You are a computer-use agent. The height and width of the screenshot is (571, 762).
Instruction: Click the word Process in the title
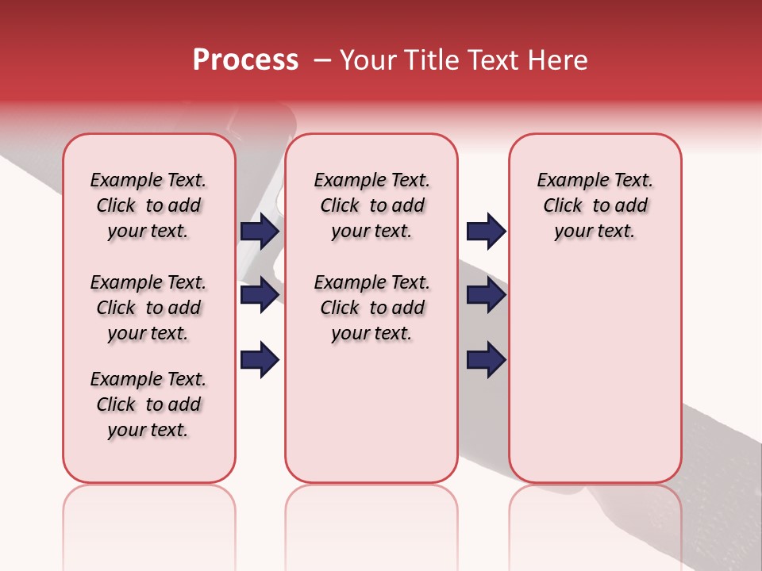coord(245,60)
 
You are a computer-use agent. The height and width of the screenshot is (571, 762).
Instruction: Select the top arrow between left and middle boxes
coord(260,231)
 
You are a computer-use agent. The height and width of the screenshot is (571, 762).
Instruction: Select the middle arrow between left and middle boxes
coord(260,296)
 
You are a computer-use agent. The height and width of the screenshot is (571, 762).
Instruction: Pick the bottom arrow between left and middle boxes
coord(260,360)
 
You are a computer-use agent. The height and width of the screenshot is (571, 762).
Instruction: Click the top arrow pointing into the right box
coord(486,231)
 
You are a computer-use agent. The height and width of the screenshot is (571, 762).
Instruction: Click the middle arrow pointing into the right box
coord(486,296)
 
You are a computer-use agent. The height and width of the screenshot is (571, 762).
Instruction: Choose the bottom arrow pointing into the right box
coord(486,360)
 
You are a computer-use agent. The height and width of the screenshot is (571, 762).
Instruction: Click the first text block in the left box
coord(148,205)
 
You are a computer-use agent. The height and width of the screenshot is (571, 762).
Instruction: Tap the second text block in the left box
coord(148,308)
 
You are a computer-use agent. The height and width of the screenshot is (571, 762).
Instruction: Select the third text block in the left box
coord(148,404)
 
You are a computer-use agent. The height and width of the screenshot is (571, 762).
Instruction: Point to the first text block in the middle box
coord(371,205)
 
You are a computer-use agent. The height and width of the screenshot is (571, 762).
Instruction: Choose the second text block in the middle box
coord(371,308)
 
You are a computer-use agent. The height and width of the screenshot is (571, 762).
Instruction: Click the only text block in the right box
coord(595,205)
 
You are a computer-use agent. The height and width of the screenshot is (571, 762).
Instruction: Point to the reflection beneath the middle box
coord(371,515)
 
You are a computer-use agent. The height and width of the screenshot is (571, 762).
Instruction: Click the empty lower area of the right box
coord(595,381)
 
